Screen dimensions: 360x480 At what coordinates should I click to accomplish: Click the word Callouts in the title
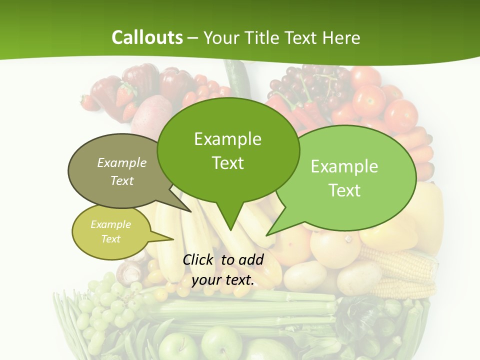[147, 37]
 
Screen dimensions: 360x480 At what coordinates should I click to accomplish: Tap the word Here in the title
[341, 38]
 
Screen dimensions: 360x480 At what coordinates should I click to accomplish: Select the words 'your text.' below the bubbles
[223, 280]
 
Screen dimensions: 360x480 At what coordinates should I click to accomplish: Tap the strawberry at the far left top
[89, 102]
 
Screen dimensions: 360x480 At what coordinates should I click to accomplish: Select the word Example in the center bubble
[227, 139]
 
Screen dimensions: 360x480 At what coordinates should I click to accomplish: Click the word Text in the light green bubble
[344, 190]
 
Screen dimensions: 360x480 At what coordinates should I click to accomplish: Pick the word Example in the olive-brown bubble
[122, 162]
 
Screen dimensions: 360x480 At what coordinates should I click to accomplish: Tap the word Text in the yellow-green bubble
[111, 239]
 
